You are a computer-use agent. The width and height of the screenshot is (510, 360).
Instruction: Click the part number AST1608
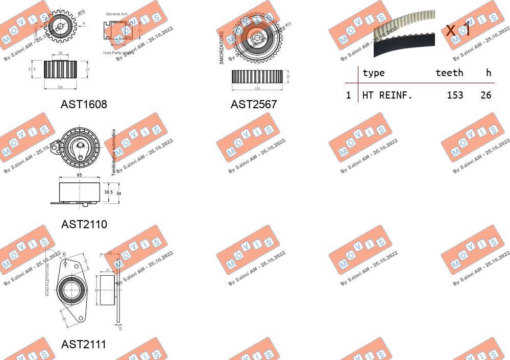pos(84,105)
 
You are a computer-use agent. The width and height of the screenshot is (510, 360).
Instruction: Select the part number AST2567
pos(253,105)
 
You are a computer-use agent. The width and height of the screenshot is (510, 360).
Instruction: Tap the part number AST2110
pos(84,224)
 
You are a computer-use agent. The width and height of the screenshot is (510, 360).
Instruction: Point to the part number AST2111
pos(84,345)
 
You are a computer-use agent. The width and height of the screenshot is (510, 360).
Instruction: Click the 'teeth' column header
pos(449,73)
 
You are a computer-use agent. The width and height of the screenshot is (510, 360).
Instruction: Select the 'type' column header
pos(373,73)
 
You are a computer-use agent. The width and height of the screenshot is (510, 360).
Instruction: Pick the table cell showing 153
pos(454,95)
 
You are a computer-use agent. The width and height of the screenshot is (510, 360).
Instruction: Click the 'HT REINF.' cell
pos(387,95)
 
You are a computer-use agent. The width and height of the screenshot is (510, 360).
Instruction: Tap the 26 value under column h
pos(485,95)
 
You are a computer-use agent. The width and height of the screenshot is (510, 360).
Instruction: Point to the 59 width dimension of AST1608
pos(60,88)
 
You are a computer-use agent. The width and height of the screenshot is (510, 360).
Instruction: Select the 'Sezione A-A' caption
pos(116,14)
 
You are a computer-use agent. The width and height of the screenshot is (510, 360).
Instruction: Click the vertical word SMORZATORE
pos(222,47)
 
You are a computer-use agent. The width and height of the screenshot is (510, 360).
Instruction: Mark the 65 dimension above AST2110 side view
pos(80,175)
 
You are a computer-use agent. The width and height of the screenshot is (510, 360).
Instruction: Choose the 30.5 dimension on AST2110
pos(108,193)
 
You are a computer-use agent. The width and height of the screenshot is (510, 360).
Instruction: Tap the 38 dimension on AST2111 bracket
pos(64,319)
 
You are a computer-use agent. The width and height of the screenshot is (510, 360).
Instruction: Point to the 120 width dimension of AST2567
pos(257,88)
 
